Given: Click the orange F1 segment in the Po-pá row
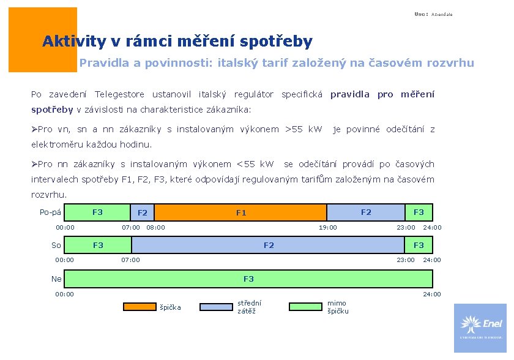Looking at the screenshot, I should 242,212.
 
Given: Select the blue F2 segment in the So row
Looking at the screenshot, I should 269,246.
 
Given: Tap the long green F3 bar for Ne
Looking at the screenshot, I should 248,279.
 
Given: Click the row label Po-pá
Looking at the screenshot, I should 50,212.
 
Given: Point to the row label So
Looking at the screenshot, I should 56,246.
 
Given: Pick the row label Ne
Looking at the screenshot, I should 56,279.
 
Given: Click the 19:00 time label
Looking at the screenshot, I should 327,228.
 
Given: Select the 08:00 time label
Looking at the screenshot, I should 155,228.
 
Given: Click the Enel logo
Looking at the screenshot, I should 480,328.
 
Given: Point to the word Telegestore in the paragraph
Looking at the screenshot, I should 119,94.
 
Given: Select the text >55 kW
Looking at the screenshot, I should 304,129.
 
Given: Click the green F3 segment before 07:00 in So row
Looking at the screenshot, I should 98,246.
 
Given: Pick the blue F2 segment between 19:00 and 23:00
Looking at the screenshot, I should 366,212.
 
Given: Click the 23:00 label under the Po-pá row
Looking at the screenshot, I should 406,228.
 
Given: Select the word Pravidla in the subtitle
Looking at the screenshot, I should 102,62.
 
